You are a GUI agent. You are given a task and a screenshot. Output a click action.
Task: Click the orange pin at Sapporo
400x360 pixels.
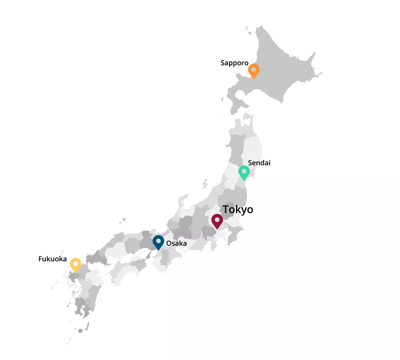253,71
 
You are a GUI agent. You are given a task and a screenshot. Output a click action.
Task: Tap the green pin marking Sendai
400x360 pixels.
244,173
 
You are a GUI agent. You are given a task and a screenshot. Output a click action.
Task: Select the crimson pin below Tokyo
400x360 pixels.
217,221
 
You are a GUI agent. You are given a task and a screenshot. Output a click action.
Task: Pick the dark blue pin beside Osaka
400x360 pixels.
158,243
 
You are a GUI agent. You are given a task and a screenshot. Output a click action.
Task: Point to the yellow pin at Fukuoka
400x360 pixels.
75,265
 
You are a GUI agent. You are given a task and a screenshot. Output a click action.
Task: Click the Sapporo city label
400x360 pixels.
234,63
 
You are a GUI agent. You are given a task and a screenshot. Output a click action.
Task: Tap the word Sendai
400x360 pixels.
259,163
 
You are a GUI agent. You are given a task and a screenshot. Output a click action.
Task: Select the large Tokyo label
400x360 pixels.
238,209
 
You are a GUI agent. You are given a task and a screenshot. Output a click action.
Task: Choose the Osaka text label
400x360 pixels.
176,243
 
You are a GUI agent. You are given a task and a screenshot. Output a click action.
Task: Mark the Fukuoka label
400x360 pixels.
53,259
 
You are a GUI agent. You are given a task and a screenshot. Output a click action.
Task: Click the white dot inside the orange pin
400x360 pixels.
253,69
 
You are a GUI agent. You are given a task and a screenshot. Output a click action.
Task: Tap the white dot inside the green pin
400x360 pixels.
244,171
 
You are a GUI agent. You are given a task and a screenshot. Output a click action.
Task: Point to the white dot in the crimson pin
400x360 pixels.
217,219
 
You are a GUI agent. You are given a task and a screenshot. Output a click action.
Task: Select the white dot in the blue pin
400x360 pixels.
158,241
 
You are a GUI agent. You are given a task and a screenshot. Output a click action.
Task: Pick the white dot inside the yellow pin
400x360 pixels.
75,263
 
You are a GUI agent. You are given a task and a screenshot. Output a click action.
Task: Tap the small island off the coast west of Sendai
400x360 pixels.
205,183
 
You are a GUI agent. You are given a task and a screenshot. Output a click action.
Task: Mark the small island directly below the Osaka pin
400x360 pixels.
149,255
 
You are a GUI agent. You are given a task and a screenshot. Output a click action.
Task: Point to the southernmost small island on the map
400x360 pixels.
80,331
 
